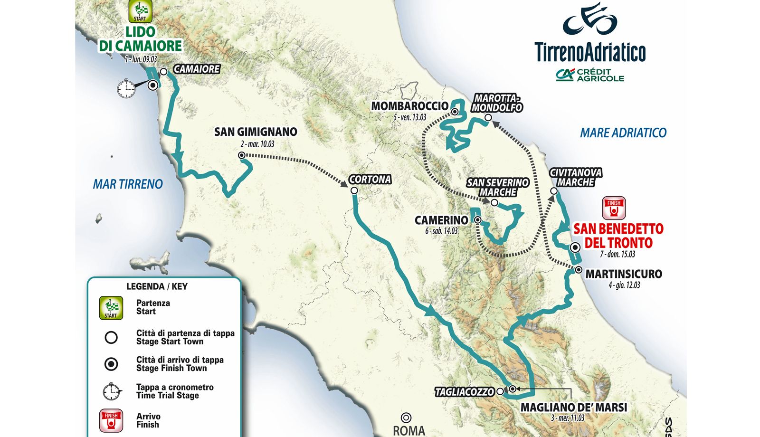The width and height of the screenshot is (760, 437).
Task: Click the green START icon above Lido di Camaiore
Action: click(140, 11)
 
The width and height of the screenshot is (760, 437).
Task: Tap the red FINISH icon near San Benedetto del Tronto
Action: click(614, 208)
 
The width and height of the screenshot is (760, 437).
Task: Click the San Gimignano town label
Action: click(256, 132)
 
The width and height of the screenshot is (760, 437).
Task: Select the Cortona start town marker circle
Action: click(354, 190)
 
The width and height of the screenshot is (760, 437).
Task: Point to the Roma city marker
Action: click(406, 418)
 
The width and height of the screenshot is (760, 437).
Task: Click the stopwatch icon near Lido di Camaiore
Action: click(126, 88)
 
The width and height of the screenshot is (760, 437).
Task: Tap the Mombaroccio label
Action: click(409, 106)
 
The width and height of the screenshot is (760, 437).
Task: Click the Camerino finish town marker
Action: click(478, 220)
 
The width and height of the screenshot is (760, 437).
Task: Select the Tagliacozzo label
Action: click(465, 392)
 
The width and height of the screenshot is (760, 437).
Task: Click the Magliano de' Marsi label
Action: click(574, 408)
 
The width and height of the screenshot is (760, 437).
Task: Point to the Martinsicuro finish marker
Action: click(579, 270)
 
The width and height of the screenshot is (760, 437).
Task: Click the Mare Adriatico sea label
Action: click(623, 133)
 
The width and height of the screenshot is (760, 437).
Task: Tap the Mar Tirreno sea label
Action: click(128, 184)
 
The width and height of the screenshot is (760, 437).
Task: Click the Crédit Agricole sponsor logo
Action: click(590, 75)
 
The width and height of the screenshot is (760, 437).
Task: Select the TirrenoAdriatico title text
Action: click(590, 52)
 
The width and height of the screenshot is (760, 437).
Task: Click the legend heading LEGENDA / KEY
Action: click(157, 286)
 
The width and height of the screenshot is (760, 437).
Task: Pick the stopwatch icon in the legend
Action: click(111, 391)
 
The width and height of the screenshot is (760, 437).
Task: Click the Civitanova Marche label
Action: click(576, 177)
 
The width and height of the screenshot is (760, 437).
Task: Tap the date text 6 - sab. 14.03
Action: click(441, 231)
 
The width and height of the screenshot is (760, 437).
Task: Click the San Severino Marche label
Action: click(497, 187)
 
